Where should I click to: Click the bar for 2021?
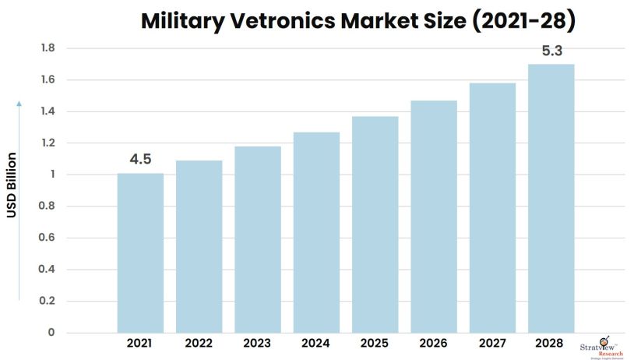140,252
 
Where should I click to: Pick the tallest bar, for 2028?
551,198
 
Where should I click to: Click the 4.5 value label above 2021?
140,159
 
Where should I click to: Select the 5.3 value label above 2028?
552,51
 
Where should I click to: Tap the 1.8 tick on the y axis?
48,48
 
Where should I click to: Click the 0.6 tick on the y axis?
48,238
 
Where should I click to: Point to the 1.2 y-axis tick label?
48,143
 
